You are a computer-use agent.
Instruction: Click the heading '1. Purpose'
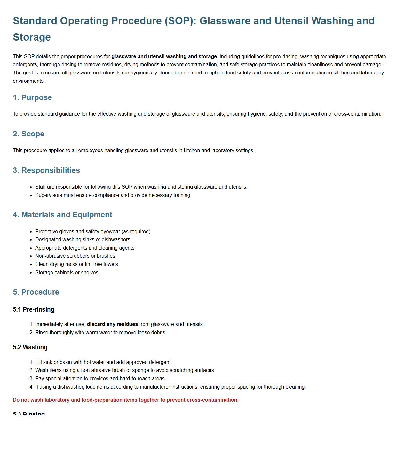pyautogui.click(x=32, y=97)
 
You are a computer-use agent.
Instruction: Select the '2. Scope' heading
pyautogui.click(x=28, y=134)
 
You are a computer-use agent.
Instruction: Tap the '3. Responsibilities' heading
pyautogui.click(x=46, y=170)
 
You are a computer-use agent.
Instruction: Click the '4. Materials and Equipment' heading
pyautogui.click(x=62, y=215)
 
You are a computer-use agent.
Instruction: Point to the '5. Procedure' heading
pyautogui.click(x=36, y=292)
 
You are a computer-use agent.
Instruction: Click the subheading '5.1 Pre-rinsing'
pyautogui.click(x=34, y=309)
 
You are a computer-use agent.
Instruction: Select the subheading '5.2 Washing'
pyautogui.click(x=30, y=347)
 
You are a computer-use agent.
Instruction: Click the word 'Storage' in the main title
pyautogui.click(x=32, y=37)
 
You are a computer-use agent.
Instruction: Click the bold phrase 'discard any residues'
pyautogui.click(x=112, y=324)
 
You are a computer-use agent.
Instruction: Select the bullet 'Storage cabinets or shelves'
pyautogui.click(x=67, y=272)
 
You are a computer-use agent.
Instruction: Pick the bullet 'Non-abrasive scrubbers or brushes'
pyautogui.click(x=75, y=256)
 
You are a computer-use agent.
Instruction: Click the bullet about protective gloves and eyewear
pyautogui.click(x=93, y=231)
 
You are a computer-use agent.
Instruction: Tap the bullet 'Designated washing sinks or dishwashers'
pyautogui.click(x=83, y=239)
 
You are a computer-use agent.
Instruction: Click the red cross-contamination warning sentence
pyautogui.click(x=126, y=400)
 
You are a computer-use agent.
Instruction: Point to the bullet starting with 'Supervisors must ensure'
pyautogui.click(x=113, y=195)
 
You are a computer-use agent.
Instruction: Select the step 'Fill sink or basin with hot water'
pyautogui.click(x=103, y=362)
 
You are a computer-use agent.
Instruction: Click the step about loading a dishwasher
pyautogui.click(x=170, y=387)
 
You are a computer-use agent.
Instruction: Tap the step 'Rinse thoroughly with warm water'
pyautogui.click(x=101, y=332)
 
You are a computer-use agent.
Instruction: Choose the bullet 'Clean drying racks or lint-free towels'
pyautogui.click(x=76, y=264)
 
